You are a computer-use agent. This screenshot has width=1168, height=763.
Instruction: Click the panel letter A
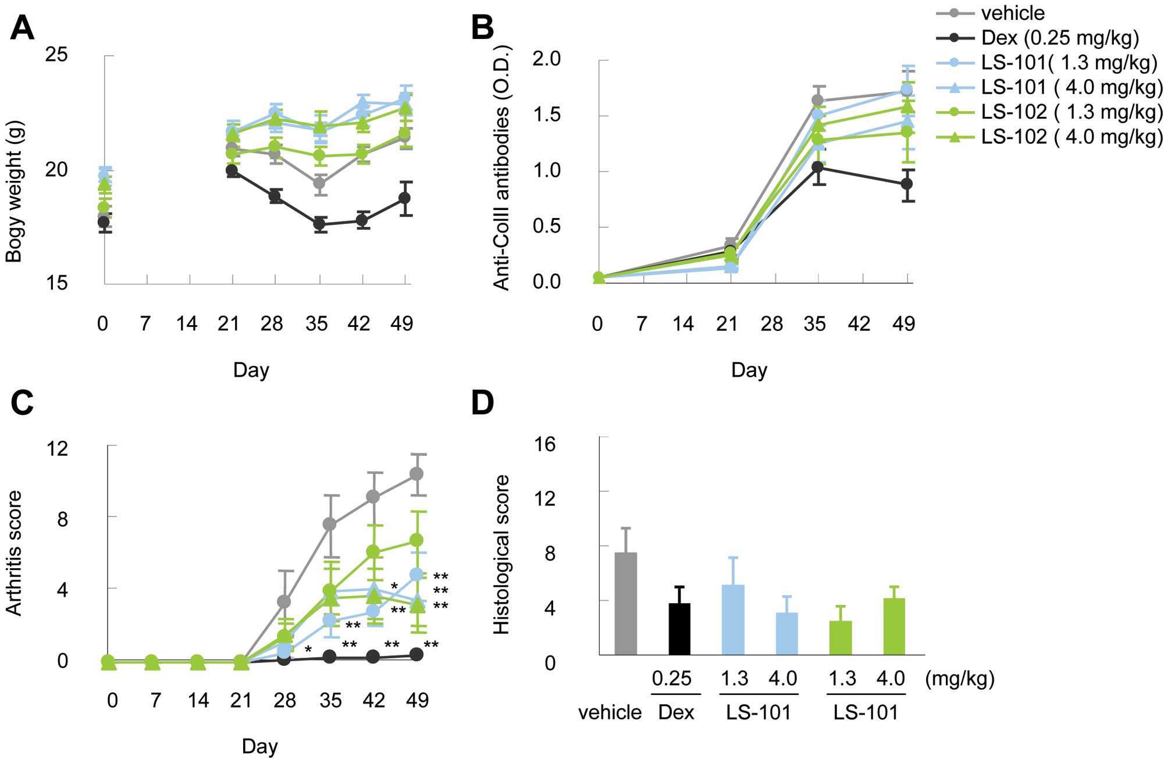22,28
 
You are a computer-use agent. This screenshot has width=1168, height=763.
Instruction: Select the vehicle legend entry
1012,13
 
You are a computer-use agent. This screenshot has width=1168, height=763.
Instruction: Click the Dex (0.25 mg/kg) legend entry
1059,38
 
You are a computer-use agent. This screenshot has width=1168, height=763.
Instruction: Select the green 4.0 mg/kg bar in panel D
894,626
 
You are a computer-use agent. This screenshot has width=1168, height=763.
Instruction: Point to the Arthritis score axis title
14,552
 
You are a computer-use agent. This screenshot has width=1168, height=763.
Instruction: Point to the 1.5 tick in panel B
546,115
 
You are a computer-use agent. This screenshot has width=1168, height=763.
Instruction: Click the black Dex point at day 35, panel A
319,224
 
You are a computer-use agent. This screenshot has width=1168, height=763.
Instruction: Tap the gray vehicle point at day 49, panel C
416,474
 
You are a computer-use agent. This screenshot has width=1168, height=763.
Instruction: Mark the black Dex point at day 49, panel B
906,184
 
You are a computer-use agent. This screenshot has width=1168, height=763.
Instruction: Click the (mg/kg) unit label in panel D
960,678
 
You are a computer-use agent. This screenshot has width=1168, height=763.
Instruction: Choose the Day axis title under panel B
749,370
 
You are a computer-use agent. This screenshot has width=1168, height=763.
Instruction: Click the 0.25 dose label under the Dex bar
672,678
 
